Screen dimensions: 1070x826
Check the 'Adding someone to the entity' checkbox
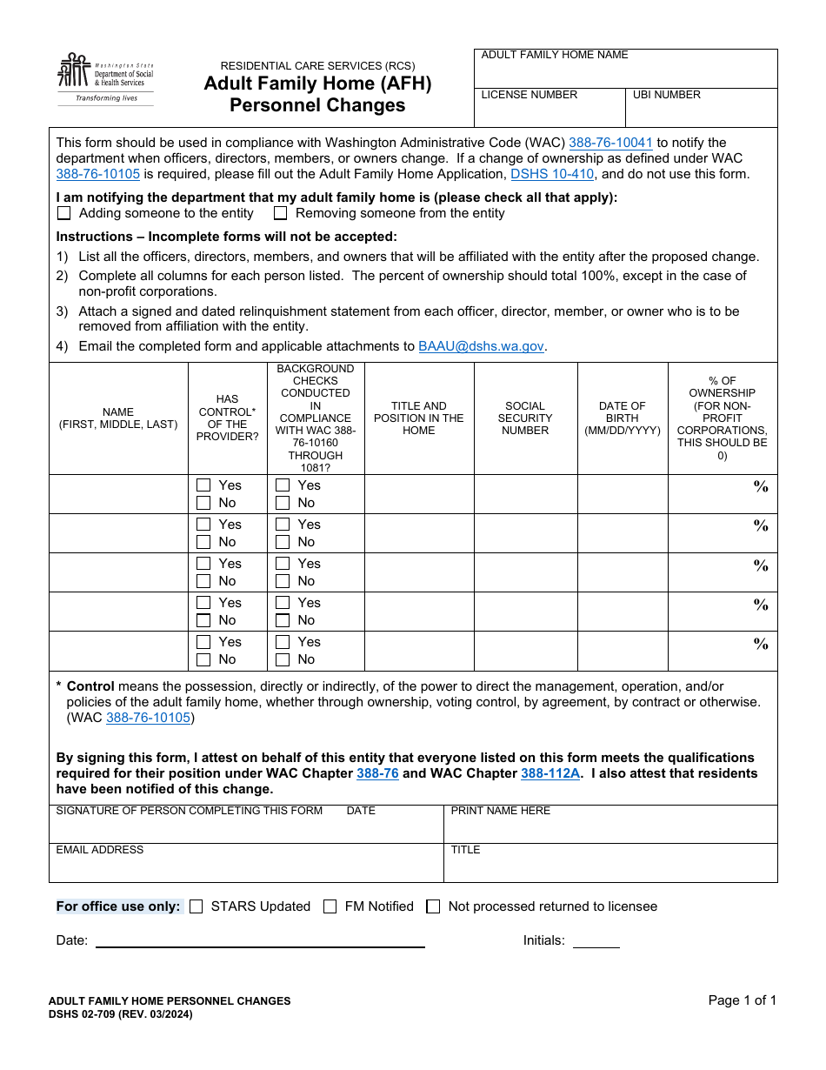64,213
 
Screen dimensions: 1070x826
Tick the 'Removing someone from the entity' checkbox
281,213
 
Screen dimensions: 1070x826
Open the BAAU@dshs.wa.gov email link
481,346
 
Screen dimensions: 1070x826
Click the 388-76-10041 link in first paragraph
610,143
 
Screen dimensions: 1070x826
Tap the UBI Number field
701,112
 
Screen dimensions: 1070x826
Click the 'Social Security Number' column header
525,418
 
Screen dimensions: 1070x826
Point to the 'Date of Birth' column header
623,418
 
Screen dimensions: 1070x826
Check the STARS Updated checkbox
197,906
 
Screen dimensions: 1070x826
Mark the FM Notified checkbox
330,906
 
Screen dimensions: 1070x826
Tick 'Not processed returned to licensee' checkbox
433,906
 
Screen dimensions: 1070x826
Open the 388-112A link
550,773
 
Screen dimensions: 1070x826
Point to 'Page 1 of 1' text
742,1000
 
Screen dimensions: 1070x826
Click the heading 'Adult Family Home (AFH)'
317,84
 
